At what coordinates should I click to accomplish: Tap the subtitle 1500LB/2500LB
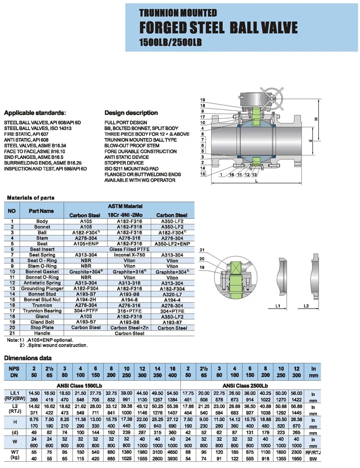(168, 42)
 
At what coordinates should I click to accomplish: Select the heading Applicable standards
(35, 113)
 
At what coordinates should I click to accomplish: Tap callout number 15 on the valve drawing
(203, 174)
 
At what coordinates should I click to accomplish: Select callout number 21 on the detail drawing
(202, 250)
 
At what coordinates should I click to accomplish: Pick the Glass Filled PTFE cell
(129, 249)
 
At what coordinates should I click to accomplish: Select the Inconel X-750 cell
(129, 255)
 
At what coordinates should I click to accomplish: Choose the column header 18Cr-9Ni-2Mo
(129, 215)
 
